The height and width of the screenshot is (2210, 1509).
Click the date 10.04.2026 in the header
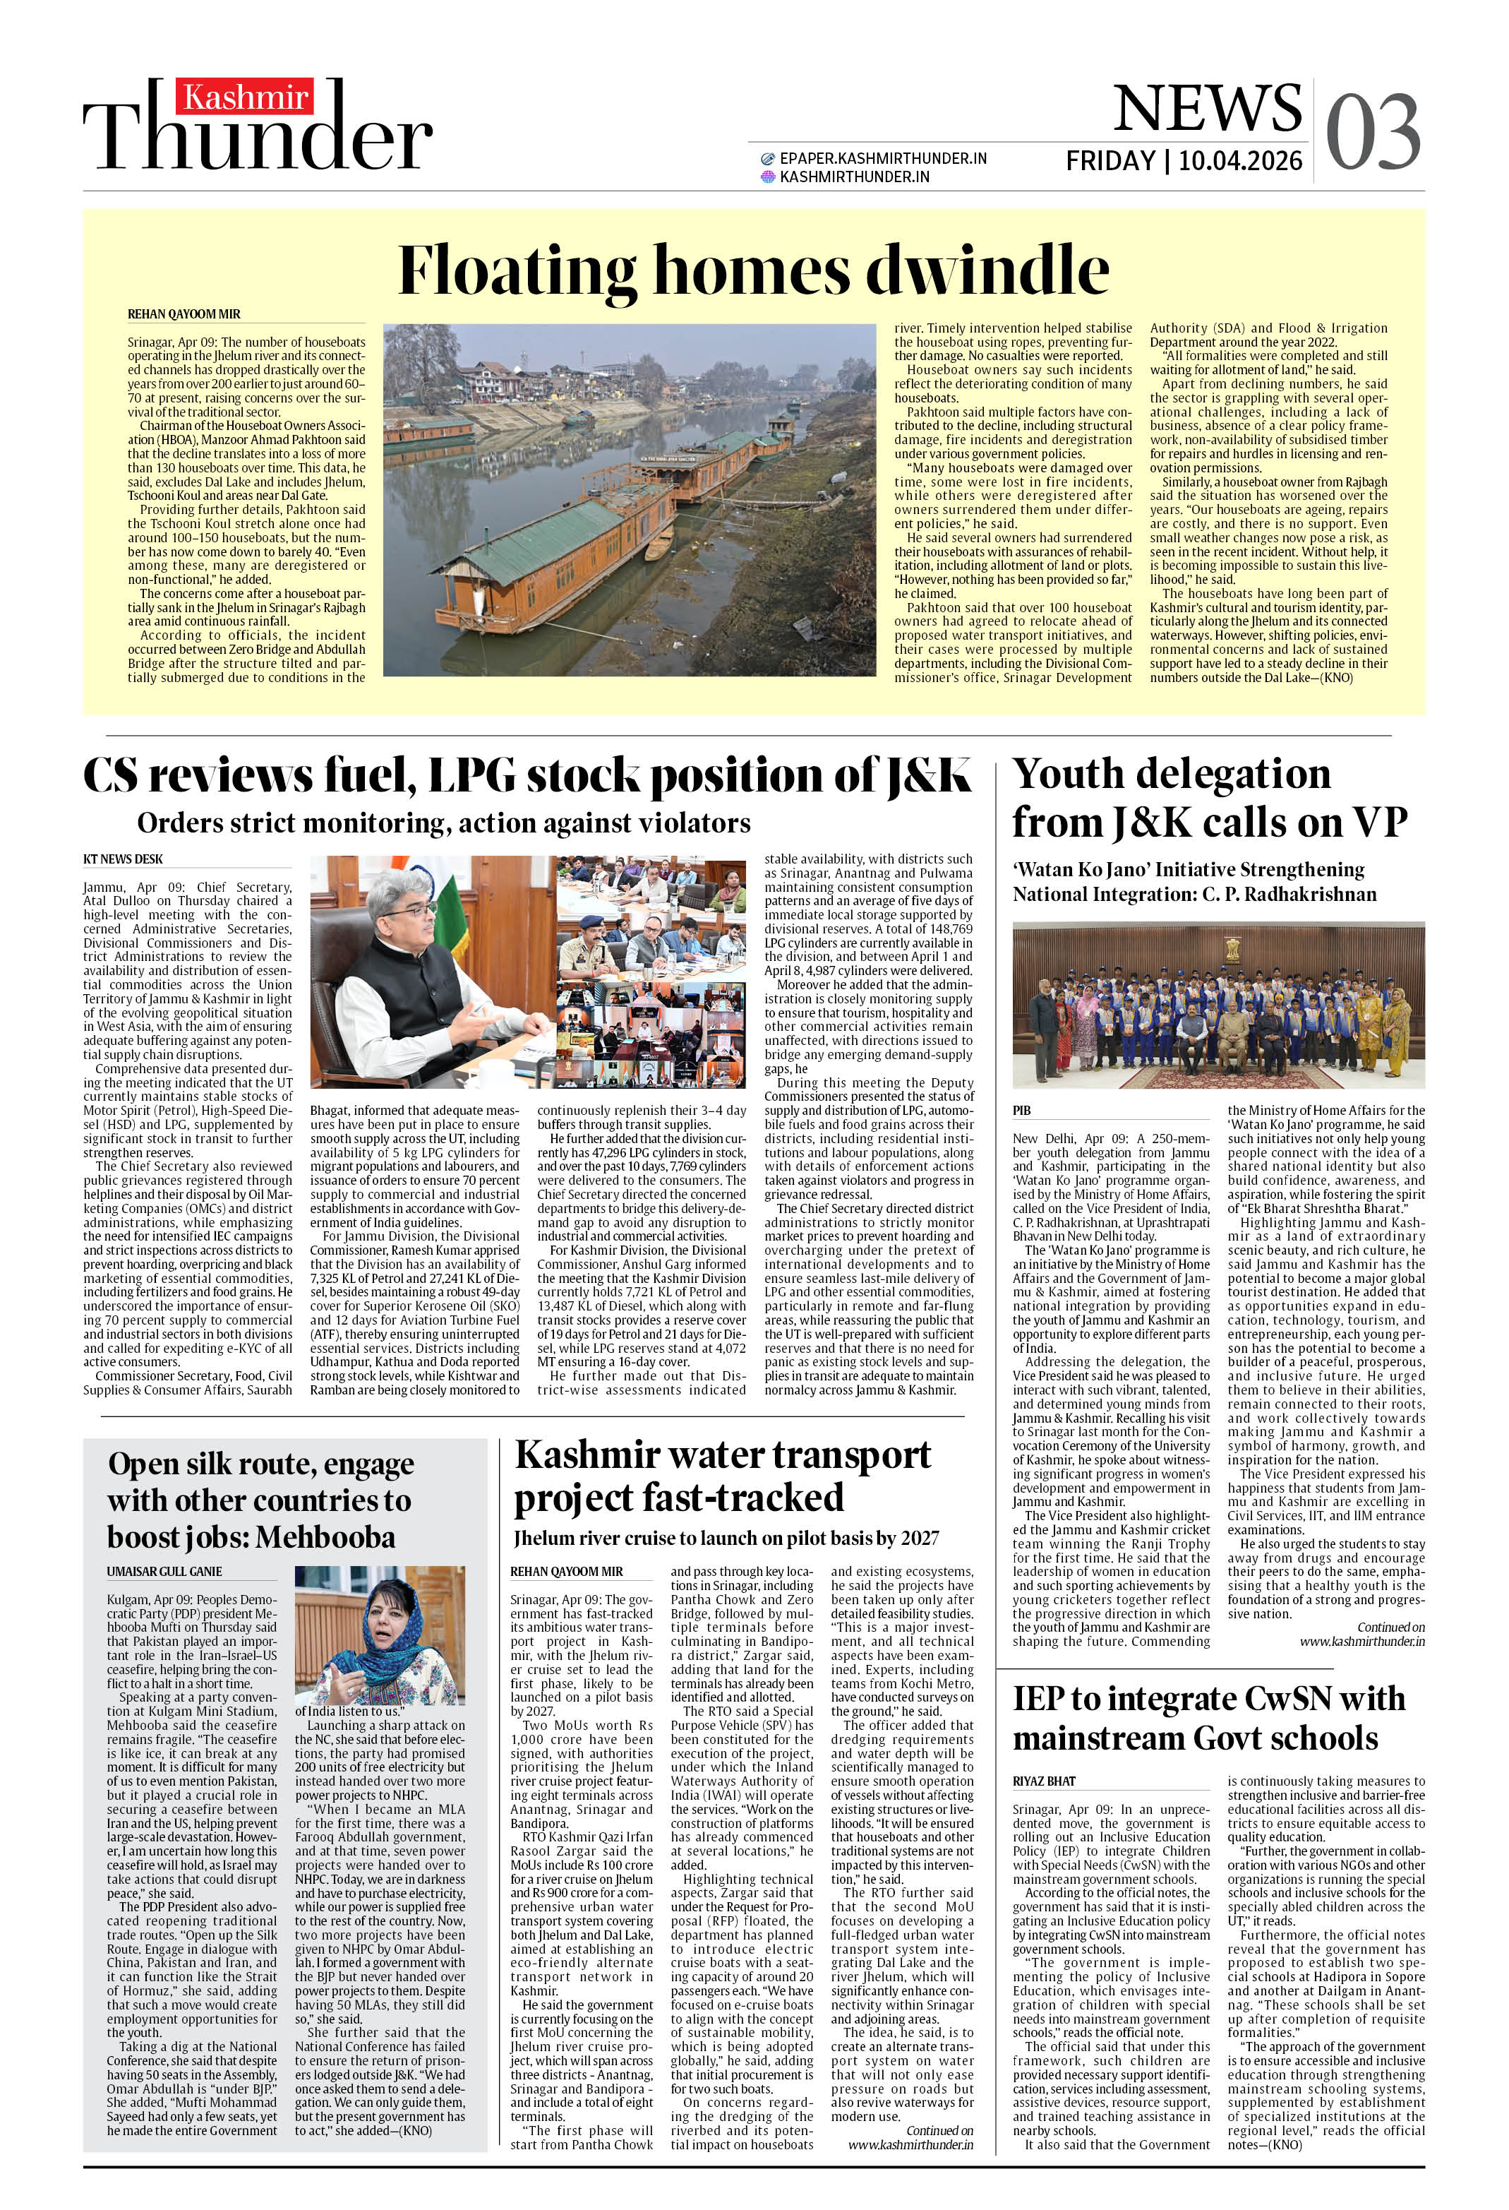1240,161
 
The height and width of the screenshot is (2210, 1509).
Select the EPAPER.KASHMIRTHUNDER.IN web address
882,159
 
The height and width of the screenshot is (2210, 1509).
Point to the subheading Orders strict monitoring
443,823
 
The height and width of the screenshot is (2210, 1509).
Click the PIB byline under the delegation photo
1022,1110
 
